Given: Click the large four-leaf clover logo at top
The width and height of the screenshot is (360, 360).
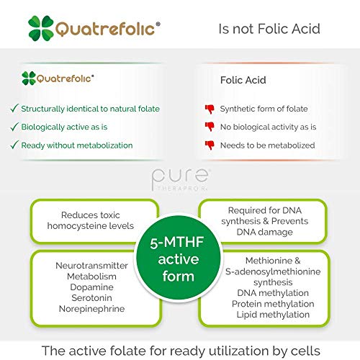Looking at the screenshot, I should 41,28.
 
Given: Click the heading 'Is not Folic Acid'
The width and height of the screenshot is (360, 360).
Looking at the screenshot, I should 270,29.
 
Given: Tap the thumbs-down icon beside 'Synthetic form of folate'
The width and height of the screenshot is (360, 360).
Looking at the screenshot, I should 210,109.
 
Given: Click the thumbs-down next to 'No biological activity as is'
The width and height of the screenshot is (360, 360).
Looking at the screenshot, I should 210,127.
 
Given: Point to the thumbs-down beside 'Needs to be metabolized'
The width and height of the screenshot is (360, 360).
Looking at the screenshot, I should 210,145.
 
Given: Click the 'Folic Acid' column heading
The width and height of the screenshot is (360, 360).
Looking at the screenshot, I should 243,81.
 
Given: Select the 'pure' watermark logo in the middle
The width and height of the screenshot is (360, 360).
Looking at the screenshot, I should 180,178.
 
